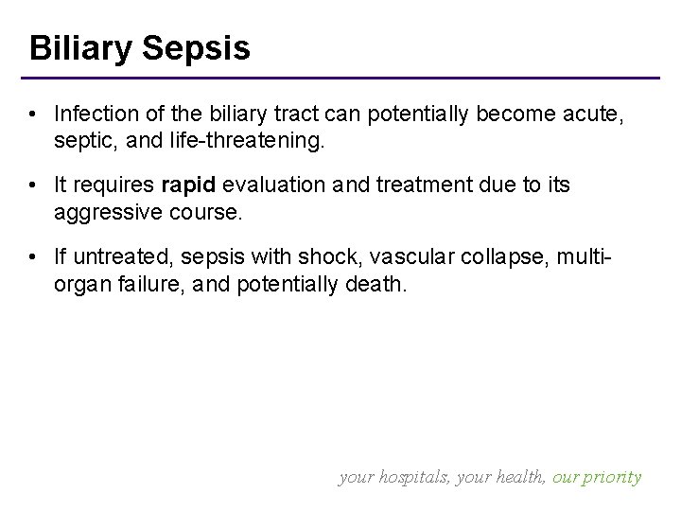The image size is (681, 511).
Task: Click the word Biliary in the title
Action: click(82, 48)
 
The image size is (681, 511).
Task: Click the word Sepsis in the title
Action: click(198, 48)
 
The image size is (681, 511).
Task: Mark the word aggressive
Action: click(105, 213)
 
